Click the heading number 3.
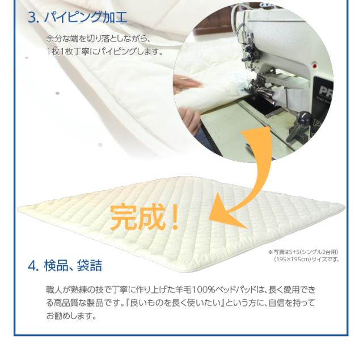[33, 18]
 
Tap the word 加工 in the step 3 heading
[115, 17]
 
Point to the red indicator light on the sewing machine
[314, 66]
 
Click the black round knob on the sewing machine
[304, 115]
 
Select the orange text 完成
[137, 217]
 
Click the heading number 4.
[33, 266]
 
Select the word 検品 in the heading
[56, 266]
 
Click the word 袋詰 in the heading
[90, 266]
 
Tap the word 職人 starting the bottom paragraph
[54, 290]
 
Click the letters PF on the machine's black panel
[325, 90]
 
